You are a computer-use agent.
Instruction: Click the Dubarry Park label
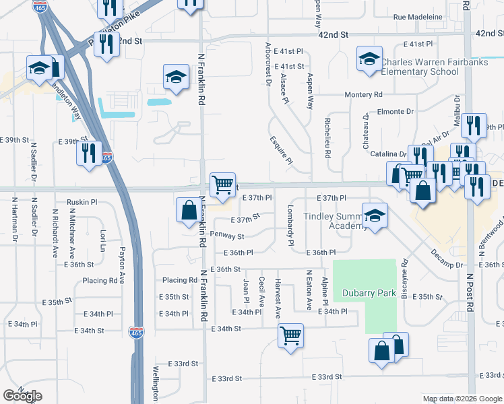coord(368,293)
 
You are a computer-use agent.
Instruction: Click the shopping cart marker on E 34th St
coord(290,333)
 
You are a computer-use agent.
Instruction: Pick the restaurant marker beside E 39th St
coord(89,153)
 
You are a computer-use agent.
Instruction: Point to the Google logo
coord(22,396)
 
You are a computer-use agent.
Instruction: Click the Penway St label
coord(226,236)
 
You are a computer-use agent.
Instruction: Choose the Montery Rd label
coord(363,95)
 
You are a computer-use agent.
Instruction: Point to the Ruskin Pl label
coord(82,201)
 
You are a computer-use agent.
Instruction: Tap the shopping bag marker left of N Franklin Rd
coord(187,209)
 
